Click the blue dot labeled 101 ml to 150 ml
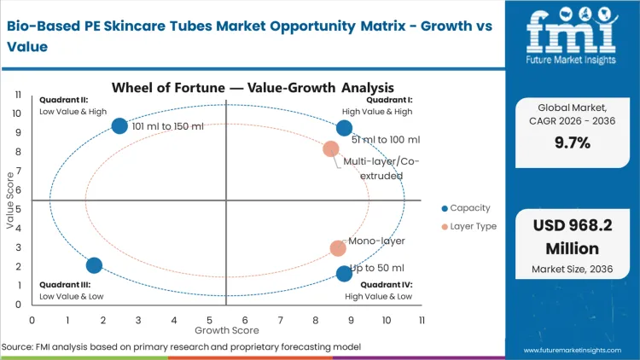(x=120, y=126)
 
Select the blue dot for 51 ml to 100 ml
(x=344, y=129)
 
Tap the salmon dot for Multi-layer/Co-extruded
(x=331, y=149)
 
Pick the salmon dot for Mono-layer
(x=338, y=248)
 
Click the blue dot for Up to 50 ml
(x=344, y=274)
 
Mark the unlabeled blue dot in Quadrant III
(x=95, y=265)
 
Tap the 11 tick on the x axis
(x=422, y=320)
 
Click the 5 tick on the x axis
(x=209, y=320)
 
